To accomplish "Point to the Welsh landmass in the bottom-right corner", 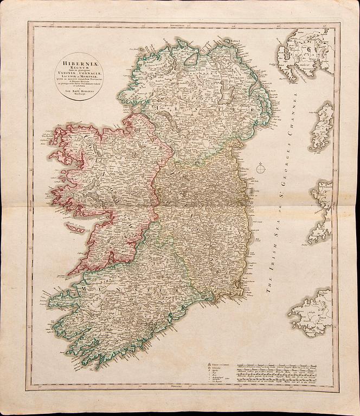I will pos(312,311).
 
